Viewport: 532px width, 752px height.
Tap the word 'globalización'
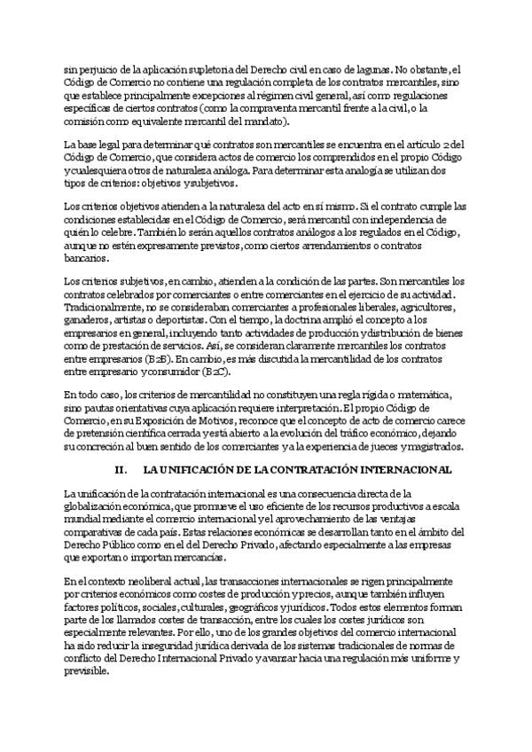click(x=98, y=505)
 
